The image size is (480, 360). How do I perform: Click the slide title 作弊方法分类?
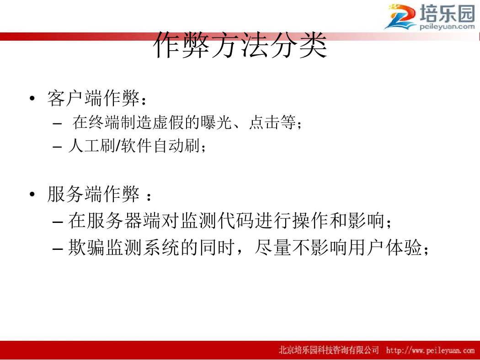click(x=240, y=45)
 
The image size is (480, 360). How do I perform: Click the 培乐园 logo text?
click(x=447, y=13)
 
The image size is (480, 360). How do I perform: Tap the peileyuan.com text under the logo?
click(x=447, y=26)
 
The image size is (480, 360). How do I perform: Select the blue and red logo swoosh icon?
click(x=400, y=17)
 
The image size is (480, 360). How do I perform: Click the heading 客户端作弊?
click(x=94, y=98)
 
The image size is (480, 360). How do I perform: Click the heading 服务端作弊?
click(x=94, y=194)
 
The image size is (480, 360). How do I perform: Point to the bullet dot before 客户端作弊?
click(x=32, y=98)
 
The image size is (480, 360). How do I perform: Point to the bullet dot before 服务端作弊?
click(x=32, y=194)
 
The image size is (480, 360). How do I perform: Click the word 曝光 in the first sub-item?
click(x=216, y=122)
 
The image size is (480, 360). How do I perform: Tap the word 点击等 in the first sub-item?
click(x=272, y=122)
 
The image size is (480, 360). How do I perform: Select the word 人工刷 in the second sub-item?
click(x=91, y=146)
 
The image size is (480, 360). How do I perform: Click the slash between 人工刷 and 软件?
click(x=118, y=146)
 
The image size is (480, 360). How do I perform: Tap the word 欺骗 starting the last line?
click(x=87, y=248)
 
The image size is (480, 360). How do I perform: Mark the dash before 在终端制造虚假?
click(x=57, y=123)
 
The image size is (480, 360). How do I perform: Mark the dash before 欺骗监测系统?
click(x=58, y=249)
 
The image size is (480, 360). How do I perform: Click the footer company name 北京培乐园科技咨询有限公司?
click(x=329, y=350)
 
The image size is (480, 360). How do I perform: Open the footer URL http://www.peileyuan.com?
click(x=430, y=350)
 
